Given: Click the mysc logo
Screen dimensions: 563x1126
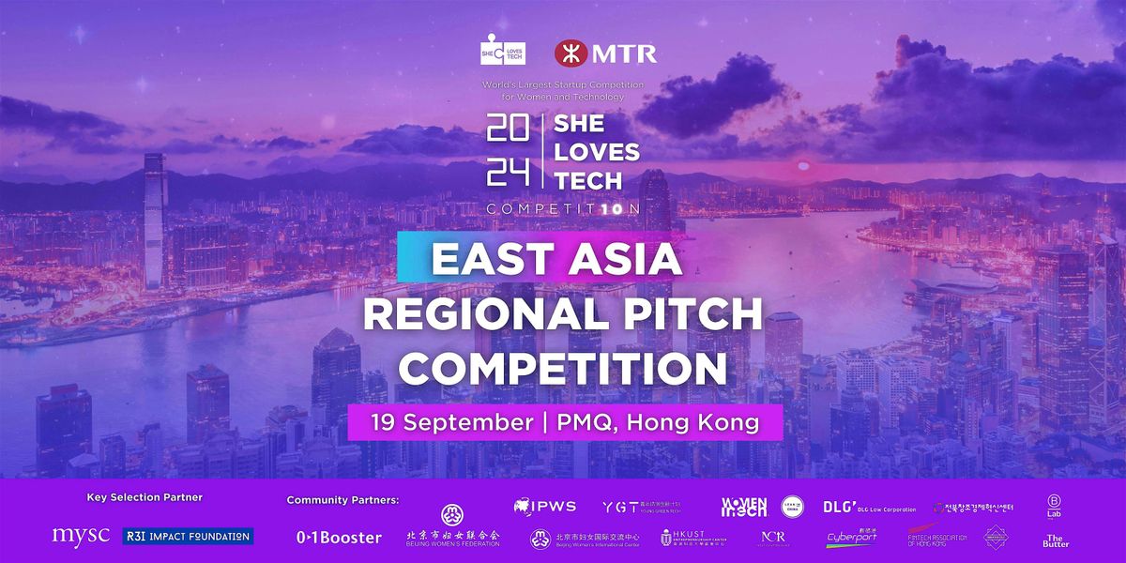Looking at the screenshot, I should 83,536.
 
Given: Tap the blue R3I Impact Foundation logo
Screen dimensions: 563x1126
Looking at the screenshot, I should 188,536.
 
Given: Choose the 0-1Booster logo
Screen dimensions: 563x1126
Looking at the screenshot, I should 339,538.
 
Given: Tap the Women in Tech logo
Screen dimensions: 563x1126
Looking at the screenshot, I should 743,507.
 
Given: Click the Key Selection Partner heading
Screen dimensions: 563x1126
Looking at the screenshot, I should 145,497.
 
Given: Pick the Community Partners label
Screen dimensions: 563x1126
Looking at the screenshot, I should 342,500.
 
